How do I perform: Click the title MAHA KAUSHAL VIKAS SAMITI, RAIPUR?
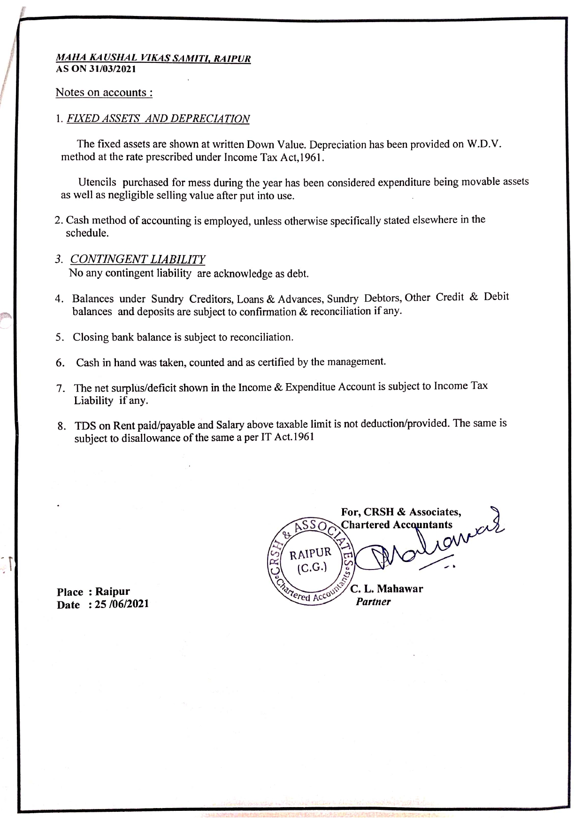pyautogui.click(x=153, y=58)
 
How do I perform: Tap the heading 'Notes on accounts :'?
pyautogui.click(x=104, y=92)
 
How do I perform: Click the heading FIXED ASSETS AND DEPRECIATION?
pyautogui.click(x=158, y=118)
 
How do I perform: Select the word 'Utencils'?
pyautogui.click(x=97, y=182)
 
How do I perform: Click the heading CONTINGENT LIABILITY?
pyautogui.click(x=138, y=259)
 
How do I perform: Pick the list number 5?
pyautogui.click(x=60, y=338)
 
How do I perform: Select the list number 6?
pyautogui.click(x=60, y=363)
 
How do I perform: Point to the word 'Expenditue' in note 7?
pyautogui.click(x=310, y=387)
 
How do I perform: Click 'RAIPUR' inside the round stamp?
pyautogui.click(x=310, y=554)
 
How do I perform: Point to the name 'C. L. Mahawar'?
pyautogui.click(x=386, y=589)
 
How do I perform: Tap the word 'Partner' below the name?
pyautogui.click(x=373, y=602)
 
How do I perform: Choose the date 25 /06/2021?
pyautogui.click(x=122, y=604)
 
